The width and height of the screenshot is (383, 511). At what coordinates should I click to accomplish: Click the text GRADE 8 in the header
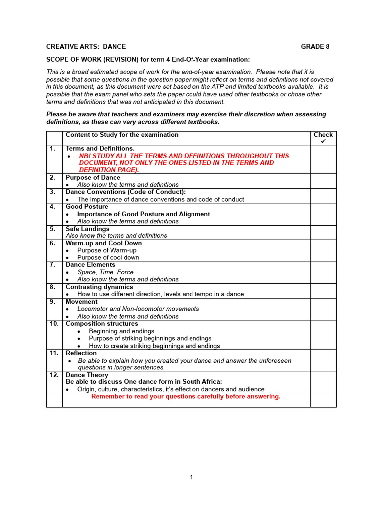point(315,47)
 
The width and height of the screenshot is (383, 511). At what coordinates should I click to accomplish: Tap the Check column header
point(323,135)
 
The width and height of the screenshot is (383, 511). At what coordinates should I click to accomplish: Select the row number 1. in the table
point(53,149)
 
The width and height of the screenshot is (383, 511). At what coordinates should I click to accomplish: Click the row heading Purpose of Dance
point(93,178)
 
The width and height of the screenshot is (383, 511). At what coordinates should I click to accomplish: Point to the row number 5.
point(53,229)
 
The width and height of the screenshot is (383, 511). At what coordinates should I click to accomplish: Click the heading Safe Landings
point(87,229)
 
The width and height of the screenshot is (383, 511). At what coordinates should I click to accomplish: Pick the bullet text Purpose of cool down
point(108,257)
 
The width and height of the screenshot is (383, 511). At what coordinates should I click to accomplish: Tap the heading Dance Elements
point(90,265)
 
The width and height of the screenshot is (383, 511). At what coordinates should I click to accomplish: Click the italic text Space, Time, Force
point(106,272)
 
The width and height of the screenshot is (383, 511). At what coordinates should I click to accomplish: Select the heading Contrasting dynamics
point(99,287)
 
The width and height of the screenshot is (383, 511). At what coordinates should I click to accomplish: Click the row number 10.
point(54,324)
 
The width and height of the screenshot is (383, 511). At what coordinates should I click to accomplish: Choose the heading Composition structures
point(101,324)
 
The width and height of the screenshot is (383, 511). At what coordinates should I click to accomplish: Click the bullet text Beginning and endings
point(121,331)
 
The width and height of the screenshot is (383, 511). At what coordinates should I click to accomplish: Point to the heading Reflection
point(81,353)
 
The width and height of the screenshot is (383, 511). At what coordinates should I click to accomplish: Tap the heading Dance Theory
point(87,375)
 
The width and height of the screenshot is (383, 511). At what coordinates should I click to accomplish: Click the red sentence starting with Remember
point(186,397)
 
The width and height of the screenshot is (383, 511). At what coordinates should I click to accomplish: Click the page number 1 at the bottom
point(191,477)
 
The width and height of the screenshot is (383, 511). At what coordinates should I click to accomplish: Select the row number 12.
point(54,375)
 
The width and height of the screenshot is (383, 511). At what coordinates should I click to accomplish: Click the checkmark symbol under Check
point(323,142)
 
